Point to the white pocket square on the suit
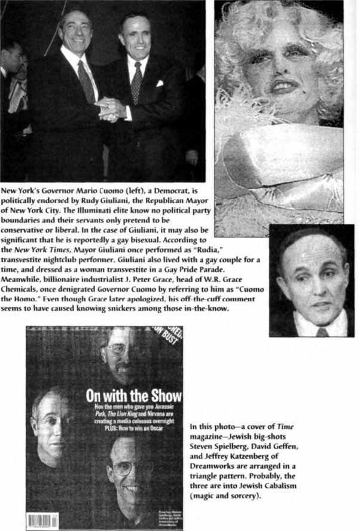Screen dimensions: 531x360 click(159, 84)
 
